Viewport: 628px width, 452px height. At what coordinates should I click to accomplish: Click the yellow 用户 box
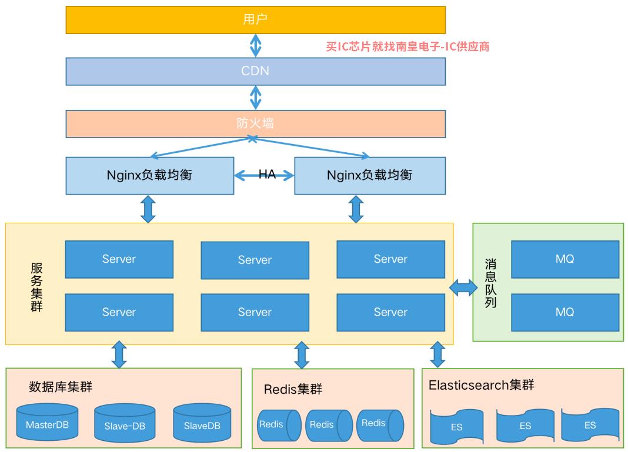[x=256, y=19]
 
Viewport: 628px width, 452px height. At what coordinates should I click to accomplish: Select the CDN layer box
[x=256, y=71]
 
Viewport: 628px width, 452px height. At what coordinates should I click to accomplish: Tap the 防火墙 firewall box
[x=256, y=123]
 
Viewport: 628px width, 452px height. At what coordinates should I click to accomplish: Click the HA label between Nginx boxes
[x=267, y=174]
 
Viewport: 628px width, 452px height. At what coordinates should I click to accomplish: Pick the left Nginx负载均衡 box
[x=150, y=176]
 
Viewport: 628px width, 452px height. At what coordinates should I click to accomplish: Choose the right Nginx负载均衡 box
[x=370, y=176]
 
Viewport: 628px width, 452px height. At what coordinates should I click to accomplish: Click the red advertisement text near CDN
[x=407, y=46]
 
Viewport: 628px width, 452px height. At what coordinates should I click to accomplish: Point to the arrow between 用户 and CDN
[x=256, y=46]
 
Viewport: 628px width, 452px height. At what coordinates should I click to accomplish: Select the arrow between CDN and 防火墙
[x=256, y=98]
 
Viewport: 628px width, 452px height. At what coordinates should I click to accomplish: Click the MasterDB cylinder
[x=47, y=422]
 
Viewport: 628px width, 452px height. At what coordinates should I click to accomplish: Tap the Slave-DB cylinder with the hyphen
[x=125, y=423]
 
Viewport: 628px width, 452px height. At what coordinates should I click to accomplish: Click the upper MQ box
[x=565, y=259]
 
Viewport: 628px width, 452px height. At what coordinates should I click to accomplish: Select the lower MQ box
[x=565, y=312]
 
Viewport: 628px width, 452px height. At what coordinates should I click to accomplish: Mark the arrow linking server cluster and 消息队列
[x=463, y=287]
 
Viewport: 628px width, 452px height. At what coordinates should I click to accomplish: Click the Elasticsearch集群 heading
[x=482, y=385]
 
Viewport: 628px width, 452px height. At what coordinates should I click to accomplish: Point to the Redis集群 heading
[x=293, y=389]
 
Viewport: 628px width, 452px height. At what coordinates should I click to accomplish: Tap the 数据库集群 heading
[x=61, y=387]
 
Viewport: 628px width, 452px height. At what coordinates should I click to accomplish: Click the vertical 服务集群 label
[x=36, y=287]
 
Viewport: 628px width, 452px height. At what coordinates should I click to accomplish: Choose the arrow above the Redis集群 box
[x=302, y=354]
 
